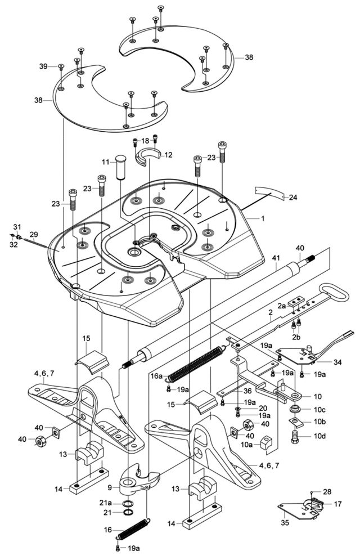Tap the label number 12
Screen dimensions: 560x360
tap(168, 155)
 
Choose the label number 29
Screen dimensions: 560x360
tap(34, 234)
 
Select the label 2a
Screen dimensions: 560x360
tap(282, 304)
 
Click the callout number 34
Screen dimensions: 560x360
tap(337, 362)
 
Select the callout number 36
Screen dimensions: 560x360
tap(247, 391)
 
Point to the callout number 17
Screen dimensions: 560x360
tap(337, 504)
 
